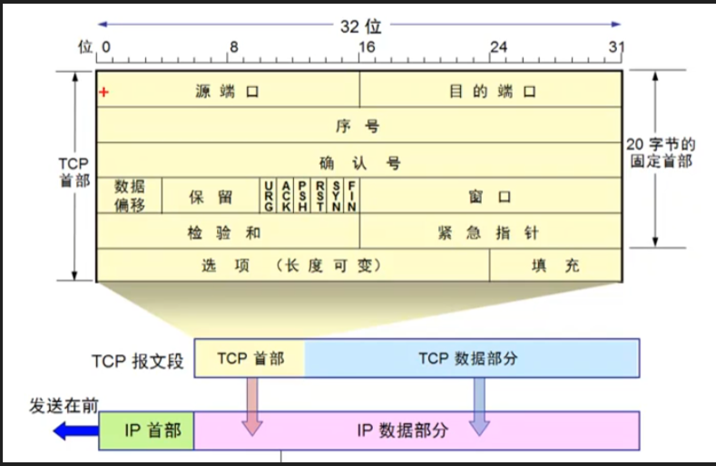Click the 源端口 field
point(228,92)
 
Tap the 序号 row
point(359,126)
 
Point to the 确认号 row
point(359,163)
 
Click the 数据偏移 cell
point(130,195)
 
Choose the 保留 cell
point(211,196)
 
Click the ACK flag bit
point(285,195)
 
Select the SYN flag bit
point(336,195)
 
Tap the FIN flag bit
point(351,195)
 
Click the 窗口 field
point(490,196)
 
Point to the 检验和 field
point(227,232)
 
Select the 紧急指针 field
point(490,232)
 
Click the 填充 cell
point(555,267)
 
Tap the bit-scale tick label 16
point(366,45)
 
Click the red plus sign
point(104,92)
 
